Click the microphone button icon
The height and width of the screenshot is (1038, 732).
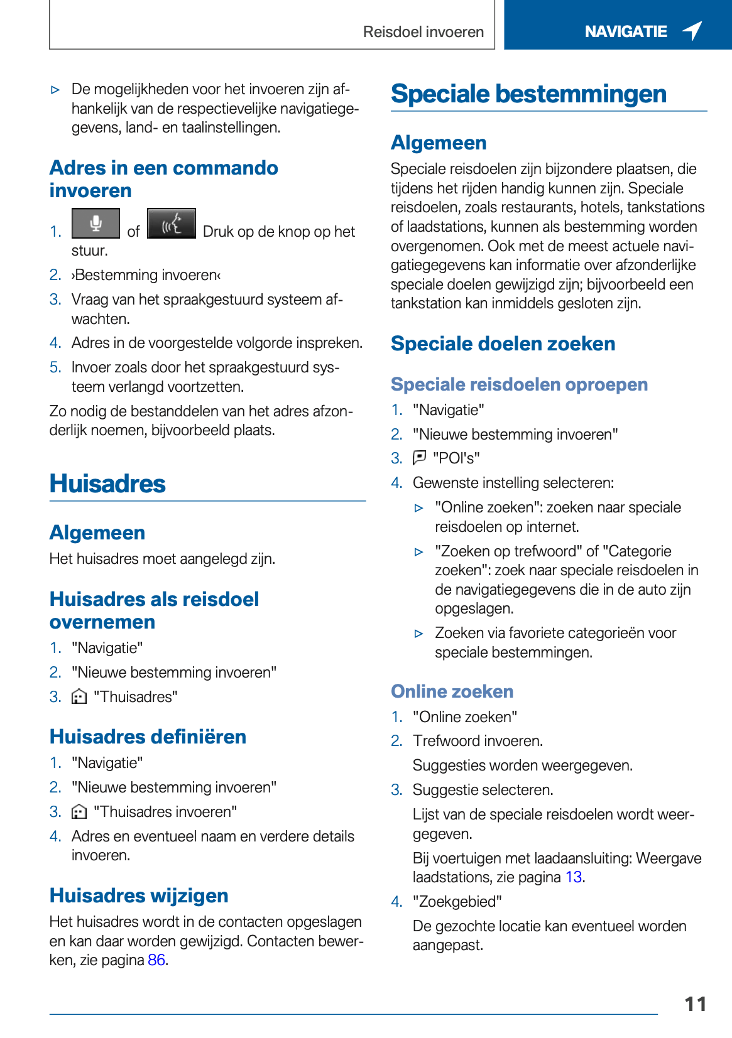pos(96,224)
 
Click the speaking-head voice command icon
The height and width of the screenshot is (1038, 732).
pos(171,224)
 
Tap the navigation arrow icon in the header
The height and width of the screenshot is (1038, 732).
pos(692,30)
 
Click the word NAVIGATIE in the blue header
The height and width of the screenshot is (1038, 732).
pos(625,31)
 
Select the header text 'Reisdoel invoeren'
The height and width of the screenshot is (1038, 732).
pos(423,32)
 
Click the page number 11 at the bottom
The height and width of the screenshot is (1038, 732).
pos(695,1004)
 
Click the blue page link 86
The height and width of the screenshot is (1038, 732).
pos(156,960)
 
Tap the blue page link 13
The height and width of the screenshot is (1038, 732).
pos(573,877)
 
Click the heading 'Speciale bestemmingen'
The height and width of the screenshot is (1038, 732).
pos(528,94)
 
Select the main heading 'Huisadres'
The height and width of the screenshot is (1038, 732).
pos(107,484)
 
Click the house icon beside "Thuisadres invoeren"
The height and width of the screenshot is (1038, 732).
pos(79,812)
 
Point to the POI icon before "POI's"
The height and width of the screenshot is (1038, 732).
pos(419,458)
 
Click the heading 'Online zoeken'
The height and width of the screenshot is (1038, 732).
pos(452,691)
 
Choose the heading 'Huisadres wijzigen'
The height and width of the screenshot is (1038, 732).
pos(139,895)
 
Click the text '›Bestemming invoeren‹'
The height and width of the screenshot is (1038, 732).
pos(146,275)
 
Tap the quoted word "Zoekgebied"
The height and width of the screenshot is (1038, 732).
pos(457,902)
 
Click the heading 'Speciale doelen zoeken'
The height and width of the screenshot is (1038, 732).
pos(503,344)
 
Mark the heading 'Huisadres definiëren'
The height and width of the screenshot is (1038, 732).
pos(148,737)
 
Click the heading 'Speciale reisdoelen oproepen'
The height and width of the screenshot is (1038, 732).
pos(519,384)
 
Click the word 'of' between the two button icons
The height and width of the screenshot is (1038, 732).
pos(133,232)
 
